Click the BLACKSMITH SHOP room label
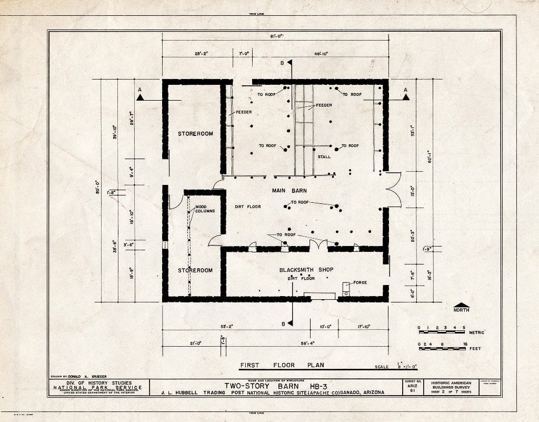(x=306, y=270)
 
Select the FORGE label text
(x=360, y=283)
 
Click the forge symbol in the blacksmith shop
(x=346, y=289)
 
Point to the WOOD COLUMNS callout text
(x=205, y=209)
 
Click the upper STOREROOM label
(x=195, y=134)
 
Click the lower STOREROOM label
(x=195, y=270)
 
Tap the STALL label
(x=324, y=157)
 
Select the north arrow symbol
(x=462, y=306)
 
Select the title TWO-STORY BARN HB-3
(x=276, y=385)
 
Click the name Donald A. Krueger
(x=86, y=376)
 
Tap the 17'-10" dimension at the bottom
(x=363, y=327)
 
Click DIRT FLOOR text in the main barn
(x=247, y=207)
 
